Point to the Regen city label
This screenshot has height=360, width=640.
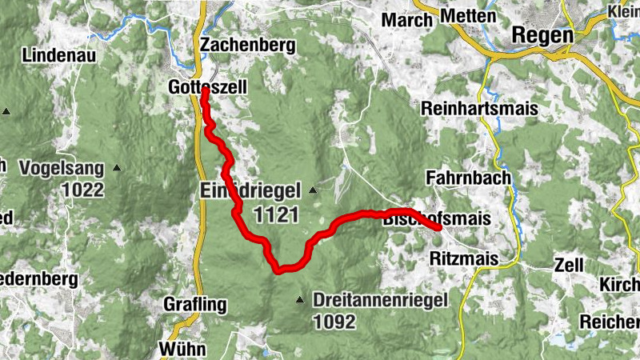coord(542,35)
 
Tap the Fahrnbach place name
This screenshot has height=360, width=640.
coord(468,178)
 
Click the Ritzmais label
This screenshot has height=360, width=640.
coord(464,258)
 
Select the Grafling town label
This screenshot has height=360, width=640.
coord(195,305)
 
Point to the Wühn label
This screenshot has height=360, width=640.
coord(183,349)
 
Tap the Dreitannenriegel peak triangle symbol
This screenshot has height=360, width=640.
coord(300,301)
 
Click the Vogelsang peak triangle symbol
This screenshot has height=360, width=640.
coord(117,168)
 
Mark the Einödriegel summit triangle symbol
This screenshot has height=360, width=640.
coord(313,190)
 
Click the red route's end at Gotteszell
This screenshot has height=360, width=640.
coord(205,90)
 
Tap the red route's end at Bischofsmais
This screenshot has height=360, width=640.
coord(438,228)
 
